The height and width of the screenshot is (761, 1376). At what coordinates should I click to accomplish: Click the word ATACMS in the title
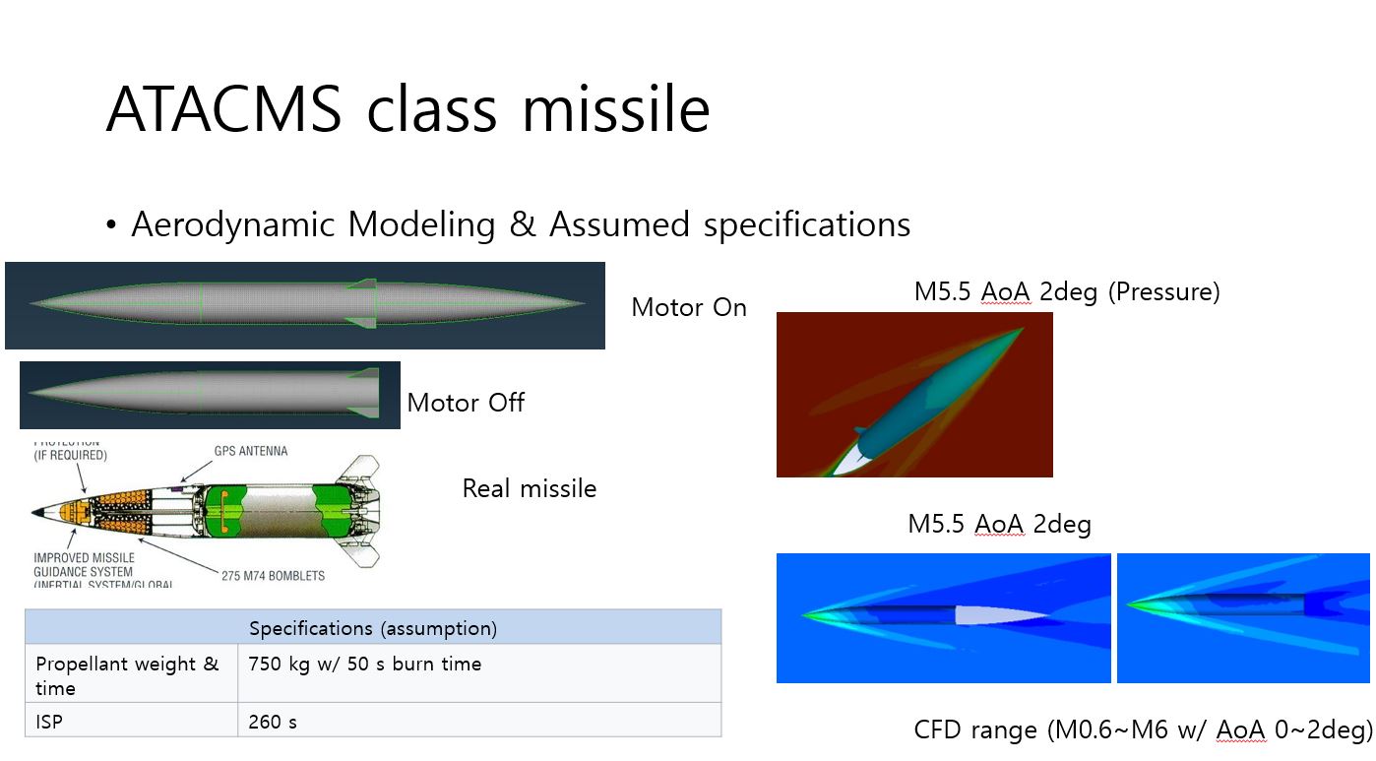[x=223, y=109]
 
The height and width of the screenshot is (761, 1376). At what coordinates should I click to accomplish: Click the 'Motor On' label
[x=688, y=307]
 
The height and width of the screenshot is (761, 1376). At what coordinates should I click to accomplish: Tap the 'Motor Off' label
[x=466, y=402]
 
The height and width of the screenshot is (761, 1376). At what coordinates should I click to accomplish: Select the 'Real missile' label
[x=529, y=488]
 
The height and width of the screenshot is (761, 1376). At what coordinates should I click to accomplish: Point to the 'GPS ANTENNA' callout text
[x=251, y=451]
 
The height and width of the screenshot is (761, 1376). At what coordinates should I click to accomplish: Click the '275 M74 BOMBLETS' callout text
[x=273, y=575]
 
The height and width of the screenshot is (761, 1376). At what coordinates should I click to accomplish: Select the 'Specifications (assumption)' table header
[x=372, y=628]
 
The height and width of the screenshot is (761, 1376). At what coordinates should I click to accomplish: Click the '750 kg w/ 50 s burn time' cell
[x=365, y=664]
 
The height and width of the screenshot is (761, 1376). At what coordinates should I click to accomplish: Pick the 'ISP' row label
[x=49, y=722]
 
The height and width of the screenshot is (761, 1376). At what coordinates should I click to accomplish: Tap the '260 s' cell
[x=273, y=722]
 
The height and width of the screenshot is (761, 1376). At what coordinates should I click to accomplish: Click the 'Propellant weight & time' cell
[x=128, y=674]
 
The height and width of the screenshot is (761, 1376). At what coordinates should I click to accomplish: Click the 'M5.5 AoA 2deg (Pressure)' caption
[x=1067, y=291]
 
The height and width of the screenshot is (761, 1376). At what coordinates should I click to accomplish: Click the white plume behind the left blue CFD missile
[x=994, y=615]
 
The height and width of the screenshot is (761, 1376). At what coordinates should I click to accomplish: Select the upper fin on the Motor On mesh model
[x=363, y=285]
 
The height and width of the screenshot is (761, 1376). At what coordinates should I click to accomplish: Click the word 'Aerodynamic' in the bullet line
[x=234, y=224]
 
